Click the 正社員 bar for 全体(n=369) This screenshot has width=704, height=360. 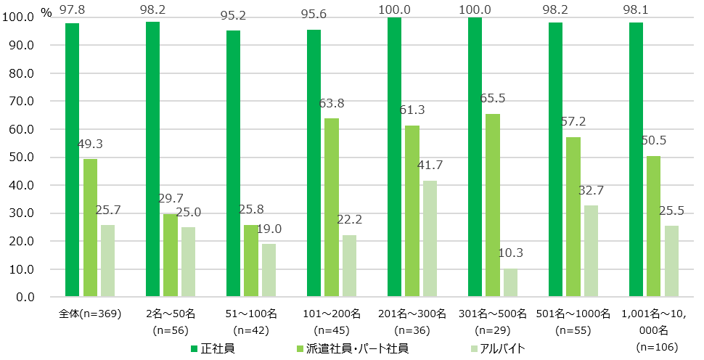pos(73,160)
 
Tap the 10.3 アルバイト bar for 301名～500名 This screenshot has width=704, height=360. pos(510,282)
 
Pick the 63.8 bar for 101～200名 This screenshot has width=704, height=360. pos(332,208)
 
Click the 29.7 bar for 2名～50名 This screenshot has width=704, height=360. pos(171,255)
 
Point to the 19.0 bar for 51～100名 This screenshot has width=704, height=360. pos(269,270)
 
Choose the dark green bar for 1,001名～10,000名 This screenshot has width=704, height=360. pos(636,160)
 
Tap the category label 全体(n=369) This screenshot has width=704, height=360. pos(90,314)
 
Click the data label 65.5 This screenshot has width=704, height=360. pos(494,97)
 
